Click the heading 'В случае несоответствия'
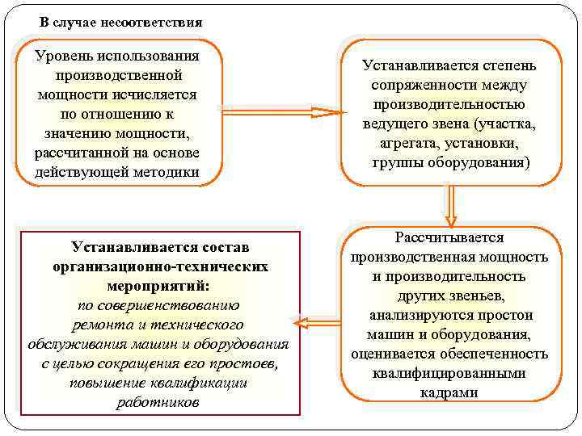tap(120, 22)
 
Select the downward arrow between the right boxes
tap(451, 205)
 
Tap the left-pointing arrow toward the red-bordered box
tap(316, 323)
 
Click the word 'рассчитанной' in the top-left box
tap(78, 153)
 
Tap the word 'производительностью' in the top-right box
tap(449, 104)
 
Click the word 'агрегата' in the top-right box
tap(407, 143)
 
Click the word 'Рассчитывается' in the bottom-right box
tap(449, 237)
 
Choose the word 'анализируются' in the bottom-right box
tap(421, 315)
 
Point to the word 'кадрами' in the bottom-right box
tap(449, 392)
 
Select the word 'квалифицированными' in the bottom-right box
tap(449, 373)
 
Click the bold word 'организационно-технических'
tap(158, 266)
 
